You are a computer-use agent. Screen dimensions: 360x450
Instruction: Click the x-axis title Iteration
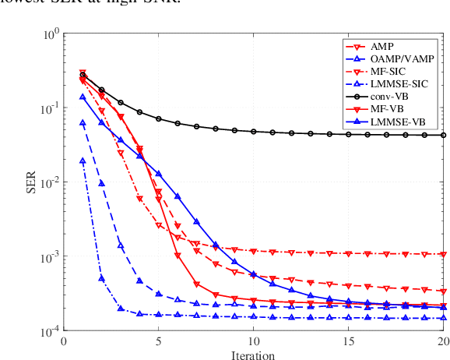pyautogui.click(x=254, y=355)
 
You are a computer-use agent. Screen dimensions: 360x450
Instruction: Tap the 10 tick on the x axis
pyautogui.click(x=254, y=341)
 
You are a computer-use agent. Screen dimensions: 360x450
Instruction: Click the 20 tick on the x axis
pyautogui.click(x=443, y=341)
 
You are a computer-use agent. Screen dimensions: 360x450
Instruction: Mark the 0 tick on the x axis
pyautogui.click(x=64, y=341)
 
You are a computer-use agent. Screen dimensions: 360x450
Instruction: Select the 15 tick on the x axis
pyautogui.click(x=348, y=341)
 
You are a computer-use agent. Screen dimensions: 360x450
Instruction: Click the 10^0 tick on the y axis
pyautogui.click(x=51, y=34)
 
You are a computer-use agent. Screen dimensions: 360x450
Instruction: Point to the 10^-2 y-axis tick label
pyautogui.click(x=49, y=182)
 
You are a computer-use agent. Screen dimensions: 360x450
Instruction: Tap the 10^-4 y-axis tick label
pyautogui.click(x=49, y=331)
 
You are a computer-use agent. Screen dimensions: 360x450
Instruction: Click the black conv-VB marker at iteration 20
pyautogui.click(x=443, y=135)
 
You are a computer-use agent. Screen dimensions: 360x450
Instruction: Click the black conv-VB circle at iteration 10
pyautogui.click(x=254, y=132)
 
